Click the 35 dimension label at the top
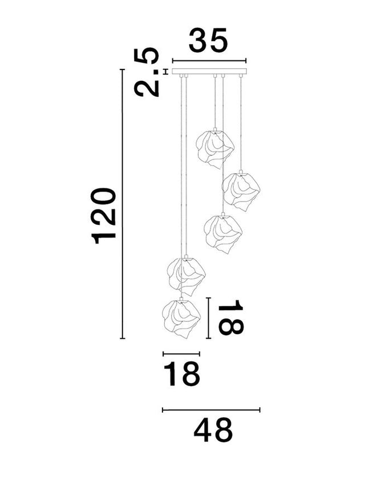(x=208, y=40)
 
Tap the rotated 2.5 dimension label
(x=148, y=73)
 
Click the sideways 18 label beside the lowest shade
(x=230, y=318)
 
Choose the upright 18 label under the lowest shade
(x=182, y=374)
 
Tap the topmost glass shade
(x=214, y=148)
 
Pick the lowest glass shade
(x=181, y=318)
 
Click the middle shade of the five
(x=223, y=233)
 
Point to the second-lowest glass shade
(x=185, y=276)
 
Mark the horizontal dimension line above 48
(x=211, y=409)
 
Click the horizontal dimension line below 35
(x=209, y=61)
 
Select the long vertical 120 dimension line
(x=122, y=204)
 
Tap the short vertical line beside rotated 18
(x=209, y=318)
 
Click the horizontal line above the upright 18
(x=181, y=354)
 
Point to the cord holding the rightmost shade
(x=241, y=122)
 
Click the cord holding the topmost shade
(x=215, y=101)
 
